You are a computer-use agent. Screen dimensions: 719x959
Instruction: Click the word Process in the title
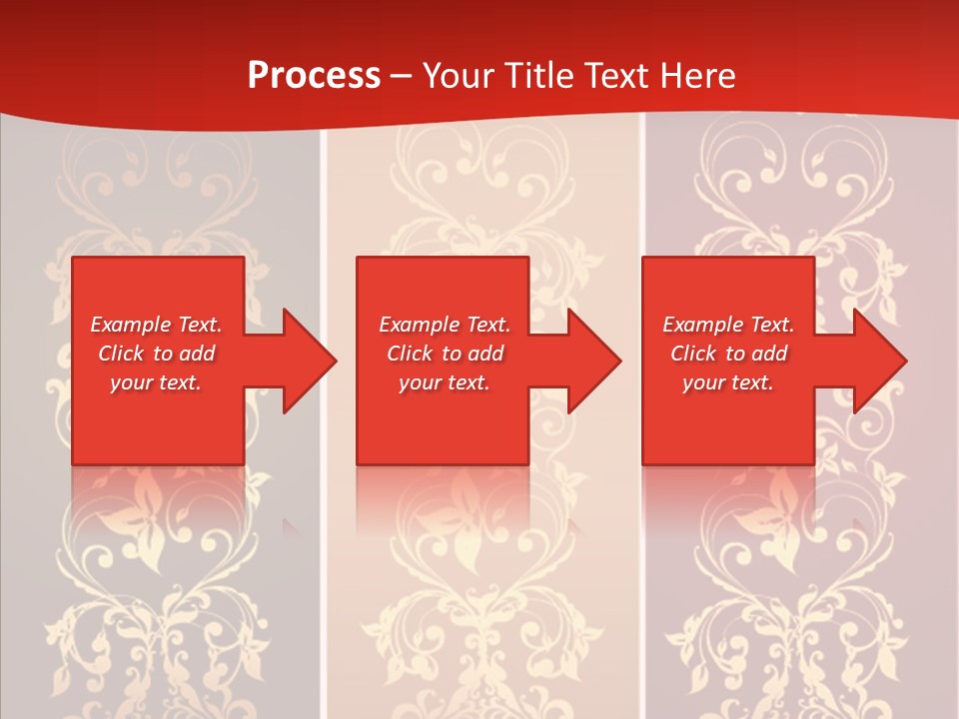(314, 76)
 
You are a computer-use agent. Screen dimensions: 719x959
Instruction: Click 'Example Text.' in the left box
(156, 325)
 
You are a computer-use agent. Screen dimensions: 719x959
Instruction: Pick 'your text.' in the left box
(156, 382)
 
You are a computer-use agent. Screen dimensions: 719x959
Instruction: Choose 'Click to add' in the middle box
(445, 354)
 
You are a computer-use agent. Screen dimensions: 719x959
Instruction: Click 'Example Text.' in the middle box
(445, 325)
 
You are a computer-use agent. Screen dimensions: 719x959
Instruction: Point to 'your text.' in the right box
(728, 382)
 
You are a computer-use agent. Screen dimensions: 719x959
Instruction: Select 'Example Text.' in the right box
(728, 325)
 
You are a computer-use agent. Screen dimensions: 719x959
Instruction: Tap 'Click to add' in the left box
(156, 354)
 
